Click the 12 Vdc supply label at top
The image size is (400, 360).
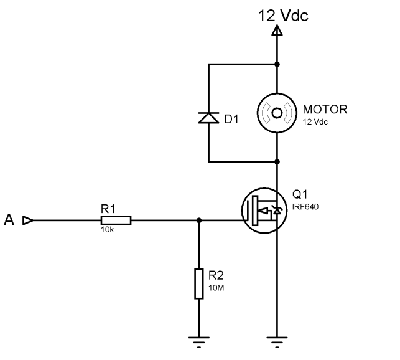click(x=283, y=16)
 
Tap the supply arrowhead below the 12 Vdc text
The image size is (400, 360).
click(x=277, y=30)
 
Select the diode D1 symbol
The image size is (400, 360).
click(x=208, y=118)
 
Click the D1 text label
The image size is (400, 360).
click(x=231, y=119)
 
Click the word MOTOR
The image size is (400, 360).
click(x=325, y=110)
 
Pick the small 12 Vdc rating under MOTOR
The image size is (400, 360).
click(x=315, y=122)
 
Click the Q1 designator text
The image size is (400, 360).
click(x=300, y=194)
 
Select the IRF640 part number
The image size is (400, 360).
click(x=305, y=206)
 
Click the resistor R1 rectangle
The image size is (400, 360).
click(x=116, y=220)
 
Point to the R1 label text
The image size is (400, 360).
click(x=108, y=209)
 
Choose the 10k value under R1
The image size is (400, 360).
click(x=108, y=230)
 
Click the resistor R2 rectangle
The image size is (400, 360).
click(x=199, y=283)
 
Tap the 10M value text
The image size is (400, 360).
click(x=216, y=288)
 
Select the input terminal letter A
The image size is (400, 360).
click(x=9, y=220)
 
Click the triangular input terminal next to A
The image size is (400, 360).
click(x=28, y=220)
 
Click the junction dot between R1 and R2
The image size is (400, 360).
click(x=199, y=220)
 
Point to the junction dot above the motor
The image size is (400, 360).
click(x=277, y=64)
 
